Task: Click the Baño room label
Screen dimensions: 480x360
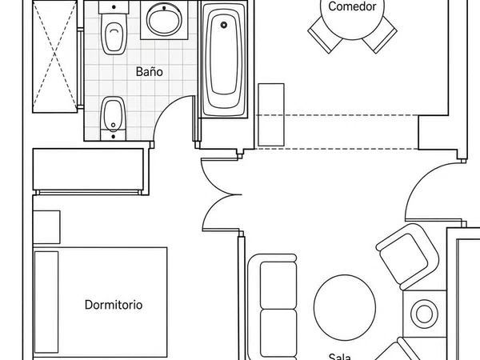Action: coord(149,72)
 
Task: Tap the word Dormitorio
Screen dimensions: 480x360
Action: coord(114,305)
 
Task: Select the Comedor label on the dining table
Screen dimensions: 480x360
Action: coord(352,6)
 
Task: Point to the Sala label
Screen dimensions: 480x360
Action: coord(339,356)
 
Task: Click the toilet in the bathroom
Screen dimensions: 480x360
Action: coord(114,28)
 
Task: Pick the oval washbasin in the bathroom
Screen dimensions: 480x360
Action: coord(164,19)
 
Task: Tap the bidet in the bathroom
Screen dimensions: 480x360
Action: coord(113,118)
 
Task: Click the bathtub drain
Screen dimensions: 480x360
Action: coord(224,25)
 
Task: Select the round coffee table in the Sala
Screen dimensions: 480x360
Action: coord(345,307)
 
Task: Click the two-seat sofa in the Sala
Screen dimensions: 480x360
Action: coord(273,307)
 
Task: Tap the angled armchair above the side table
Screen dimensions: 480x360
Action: coord(407,257)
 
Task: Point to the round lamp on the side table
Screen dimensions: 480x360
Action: coord(424,314)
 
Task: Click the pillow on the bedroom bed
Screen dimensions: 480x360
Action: coord(46,302)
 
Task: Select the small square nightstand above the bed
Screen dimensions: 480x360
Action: coord(46,227)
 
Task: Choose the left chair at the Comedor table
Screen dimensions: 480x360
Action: coord(325,35)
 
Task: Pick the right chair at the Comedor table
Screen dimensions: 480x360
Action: coord(379,35)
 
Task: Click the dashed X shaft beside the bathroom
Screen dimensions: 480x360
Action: coord(54,57)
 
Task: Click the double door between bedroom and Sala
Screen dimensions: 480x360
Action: coord(221,194)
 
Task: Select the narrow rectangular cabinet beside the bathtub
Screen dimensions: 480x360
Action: coord(271,114)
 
